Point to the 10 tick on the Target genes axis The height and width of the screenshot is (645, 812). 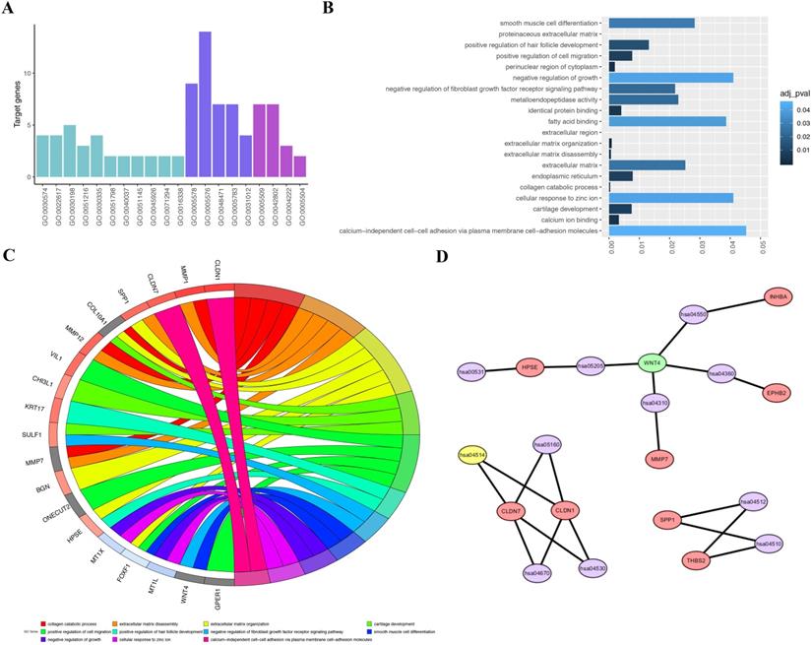pyautogui.click(x=31, y=74)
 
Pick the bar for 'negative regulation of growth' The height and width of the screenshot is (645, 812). pyautogui.click(x=670, y=77)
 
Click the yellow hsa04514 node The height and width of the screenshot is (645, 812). pyautogui.click(x=474, y=454)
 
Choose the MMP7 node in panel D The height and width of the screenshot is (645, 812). pyautogui.click(x=660, y=459)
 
